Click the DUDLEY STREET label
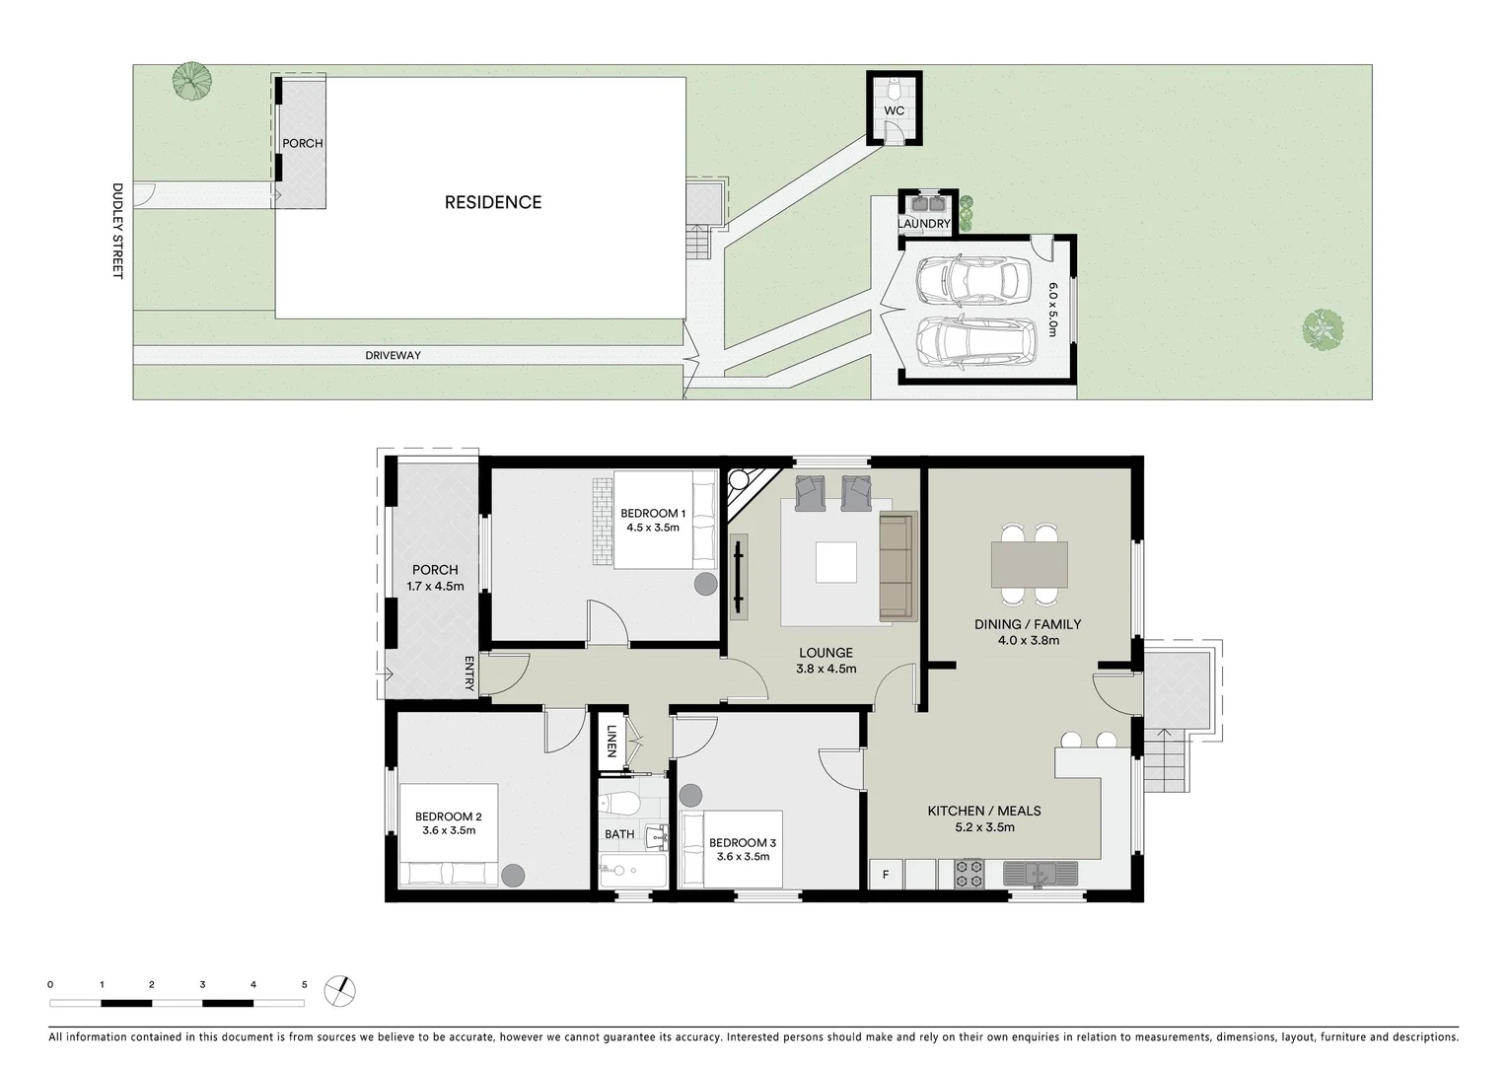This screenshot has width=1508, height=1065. (x=116, y=231)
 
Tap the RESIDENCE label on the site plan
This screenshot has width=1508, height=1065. (x=492, y=202)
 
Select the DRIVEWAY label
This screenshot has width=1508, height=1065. (x=393, y=355)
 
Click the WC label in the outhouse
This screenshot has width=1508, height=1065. (x=894, y=110)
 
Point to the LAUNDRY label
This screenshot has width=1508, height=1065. (x=924, y=224)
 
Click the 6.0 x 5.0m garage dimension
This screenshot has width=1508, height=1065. (x=1052, y=309)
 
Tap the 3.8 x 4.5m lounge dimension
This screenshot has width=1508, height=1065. (x=826, y=669)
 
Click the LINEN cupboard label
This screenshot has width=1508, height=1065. (x=611, y=741)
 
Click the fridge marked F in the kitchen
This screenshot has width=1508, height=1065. (x=886, y=874)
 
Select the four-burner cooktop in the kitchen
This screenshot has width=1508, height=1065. (x=968, y=874)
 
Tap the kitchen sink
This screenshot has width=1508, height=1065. (x=1040, y=873)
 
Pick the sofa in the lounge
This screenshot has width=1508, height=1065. (x=897, y=567)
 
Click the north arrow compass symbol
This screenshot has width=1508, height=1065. (x=340, y=989)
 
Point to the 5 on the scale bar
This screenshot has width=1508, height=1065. (x=304, y=984)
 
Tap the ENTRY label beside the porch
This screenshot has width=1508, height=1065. (x=469, y=673)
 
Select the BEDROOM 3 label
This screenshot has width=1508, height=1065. (x=742, y=842)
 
